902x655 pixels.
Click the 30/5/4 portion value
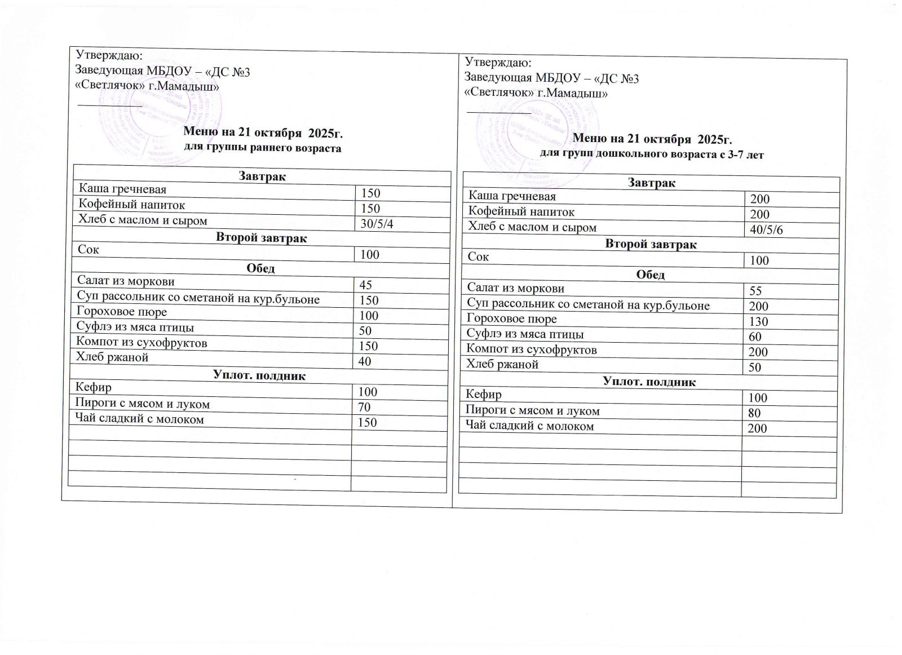coord(377,224)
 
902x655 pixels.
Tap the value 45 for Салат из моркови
coord(366,285)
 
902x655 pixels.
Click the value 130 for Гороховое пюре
coord(758,322)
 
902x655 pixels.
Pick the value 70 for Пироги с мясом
coord(365,407)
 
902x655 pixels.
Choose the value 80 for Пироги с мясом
coord(754,413)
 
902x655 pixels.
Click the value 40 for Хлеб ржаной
coord(365,361)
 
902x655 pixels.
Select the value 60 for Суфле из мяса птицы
coord(755,337)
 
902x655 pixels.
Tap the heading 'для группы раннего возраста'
coord(263,148)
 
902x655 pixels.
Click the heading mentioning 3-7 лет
coord(652,154)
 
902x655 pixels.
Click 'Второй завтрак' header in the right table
coord(651,245)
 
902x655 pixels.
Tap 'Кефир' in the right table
coord(484,395)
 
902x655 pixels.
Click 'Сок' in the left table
coord(89,249)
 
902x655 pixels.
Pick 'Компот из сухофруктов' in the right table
coord(531,349)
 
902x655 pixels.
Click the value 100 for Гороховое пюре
coord(369,316)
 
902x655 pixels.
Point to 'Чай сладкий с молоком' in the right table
coord(530,426)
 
